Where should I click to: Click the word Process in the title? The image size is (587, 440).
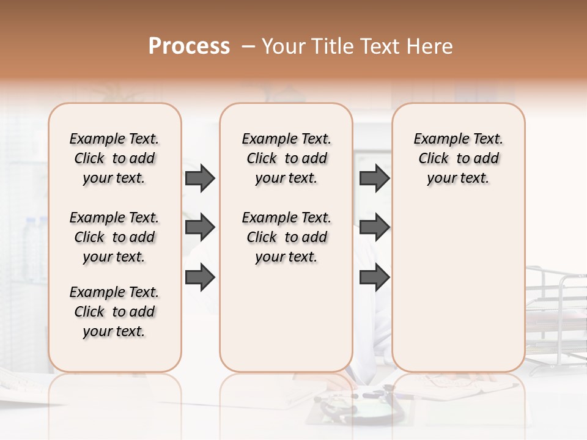click(x=189, y=46)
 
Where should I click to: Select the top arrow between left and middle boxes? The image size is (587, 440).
click(x=200, y=178)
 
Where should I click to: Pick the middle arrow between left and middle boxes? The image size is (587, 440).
click(x=200, y=228)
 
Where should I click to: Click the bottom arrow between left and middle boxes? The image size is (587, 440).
click(x=200, y=277)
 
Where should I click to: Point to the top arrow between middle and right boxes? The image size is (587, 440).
click(x=374, y=178)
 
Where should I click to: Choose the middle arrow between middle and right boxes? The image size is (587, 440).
click(x=374, y=228)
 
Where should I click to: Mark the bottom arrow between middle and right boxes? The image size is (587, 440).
click(x=374, y=277)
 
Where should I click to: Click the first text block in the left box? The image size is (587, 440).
click(x=114, y=158)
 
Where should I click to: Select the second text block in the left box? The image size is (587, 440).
click(x=114, y=237)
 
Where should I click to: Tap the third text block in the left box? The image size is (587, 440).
click(x=114, y=312)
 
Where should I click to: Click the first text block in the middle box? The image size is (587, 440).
click(x=286, y=158)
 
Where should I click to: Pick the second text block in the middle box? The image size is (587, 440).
click(x=286, y=237)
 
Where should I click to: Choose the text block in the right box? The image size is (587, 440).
click(x=459, y=158)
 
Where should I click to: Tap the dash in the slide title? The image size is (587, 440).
click(x=248, y=46)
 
